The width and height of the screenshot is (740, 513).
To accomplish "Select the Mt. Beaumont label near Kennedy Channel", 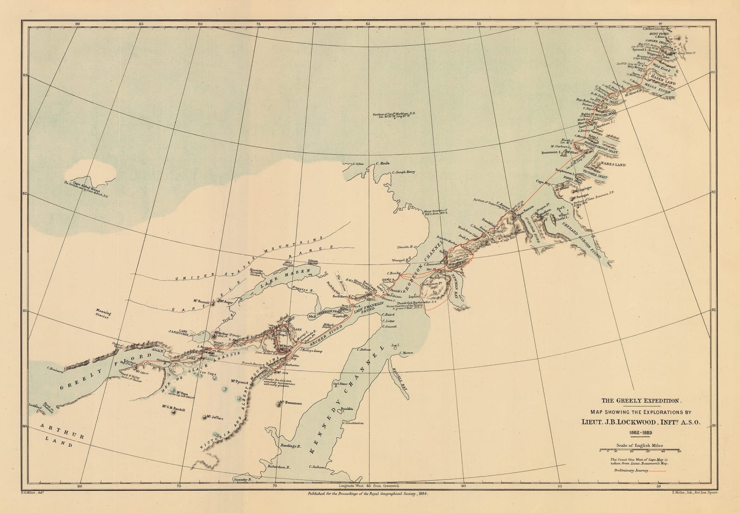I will point(290,403).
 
